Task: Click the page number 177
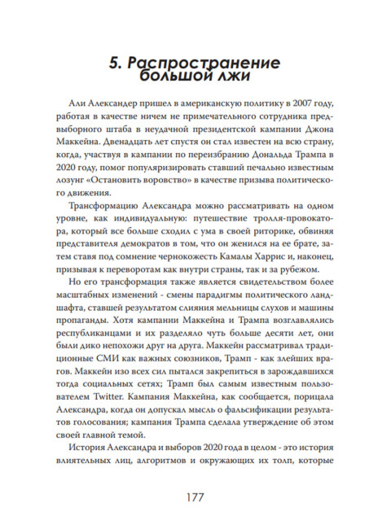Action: click(x=195, y=496)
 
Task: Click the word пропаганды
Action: click(x=97, y=317)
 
